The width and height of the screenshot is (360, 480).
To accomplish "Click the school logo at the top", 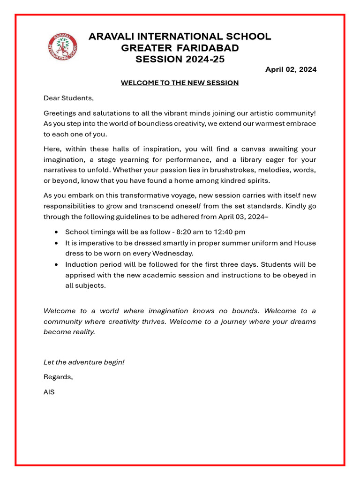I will tap(63, 47).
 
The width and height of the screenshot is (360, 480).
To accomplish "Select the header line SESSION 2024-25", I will tap(180, 59).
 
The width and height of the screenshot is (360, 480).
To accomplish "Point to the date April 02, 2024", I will tap(291, 69).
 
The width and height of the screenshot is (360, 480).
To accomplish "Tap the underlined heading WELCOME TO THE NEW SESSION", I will tap(180, 83).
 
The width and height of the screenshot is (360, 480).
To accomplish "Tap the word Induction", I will tap(82, 264).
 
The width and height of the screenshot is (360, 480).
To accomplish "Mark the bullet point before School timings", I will tap(56, 232).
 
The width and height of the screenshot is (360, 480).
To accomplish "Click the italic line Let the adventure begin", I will tap(84, 362).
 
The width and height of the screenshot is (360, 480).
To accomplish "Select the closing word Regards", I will tap(58, 377).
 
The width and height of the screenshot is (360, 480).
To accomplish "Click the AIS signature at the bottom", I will tap(49, 392).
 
